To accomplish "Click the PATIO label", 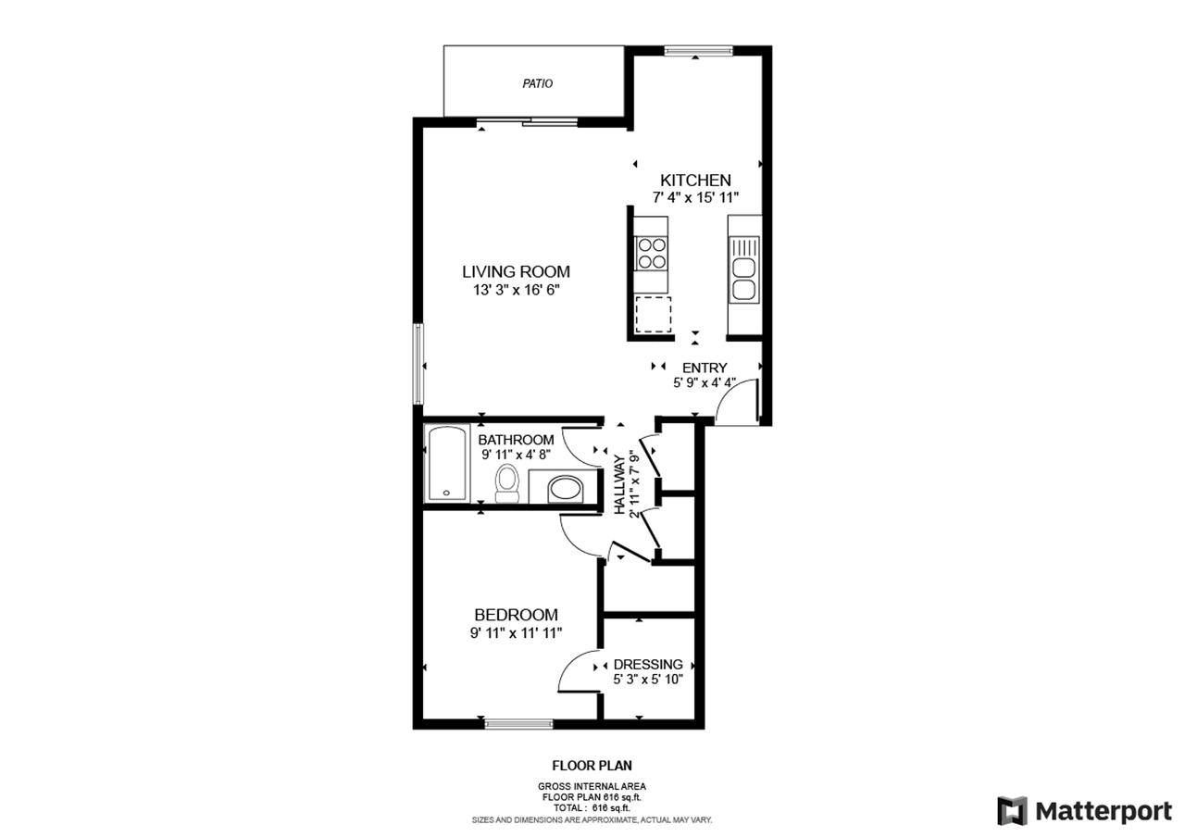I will point(537,83).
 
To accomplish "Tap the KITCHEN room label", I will point(695,180).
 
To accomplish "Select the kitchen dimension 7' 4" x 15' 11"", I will point(695,197).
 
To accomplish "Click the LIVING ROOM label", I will point(516,271).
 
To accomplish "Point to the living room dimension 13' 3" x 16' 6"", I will point(516,290).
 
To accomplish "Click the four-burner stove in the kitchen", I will point(651,253).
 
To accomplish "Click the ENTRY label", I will point(705,368).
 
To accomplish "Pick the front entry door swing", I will point(737,406).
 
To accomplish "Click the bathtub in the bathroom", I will point(447,464).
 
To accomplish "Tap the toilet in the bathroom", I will point(506,482).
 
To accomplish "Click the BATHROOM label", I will point(516,439).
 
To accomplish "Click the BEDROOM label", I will point(516,615).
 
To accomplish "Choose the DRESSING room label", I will point(648,664).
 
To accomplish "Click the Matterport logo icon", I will point(1012,811).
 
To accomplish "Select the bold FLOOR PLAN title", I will point(592,766).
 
